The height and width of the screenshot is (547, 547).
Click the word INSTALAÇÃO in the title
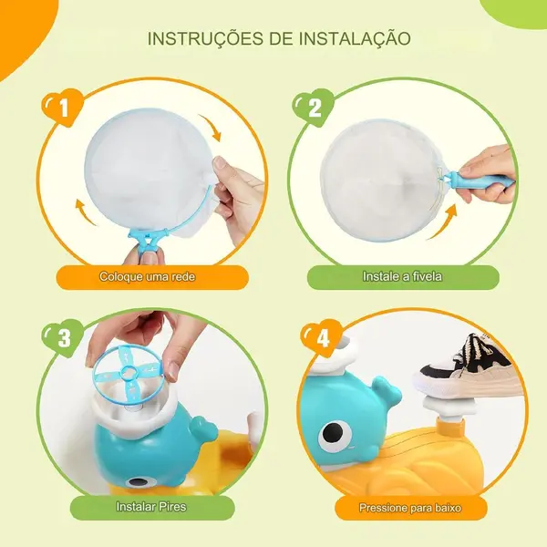tap(355, 37)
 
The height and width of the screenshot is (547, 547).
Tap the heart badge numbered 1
tap(62, 107)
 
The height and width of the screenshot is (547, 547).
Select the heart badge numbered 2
tap(314, 107)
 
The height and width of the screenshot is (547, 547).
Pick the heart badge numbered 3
tap(63, 337)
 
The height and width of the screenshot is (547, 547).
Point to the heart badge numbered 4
tap(321, 337)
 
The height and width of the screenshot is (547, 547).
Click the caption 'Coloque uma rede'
tap(147, 276)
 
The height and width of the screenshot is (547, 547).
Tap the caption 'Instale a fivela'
tap(402, 276)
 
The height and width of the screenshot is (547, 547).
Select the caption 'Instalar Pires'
tap(151, 507)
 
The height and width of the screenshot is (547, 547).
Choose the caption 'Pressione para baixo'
tap(410, 508)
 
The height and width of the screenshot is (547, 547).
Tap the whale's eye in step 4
tap(337, 433)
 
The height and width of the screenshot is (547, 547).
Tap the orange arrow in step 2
tap(442, 222)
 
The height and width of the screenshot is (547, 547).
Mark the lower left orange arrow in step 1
tap(85, 212)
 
